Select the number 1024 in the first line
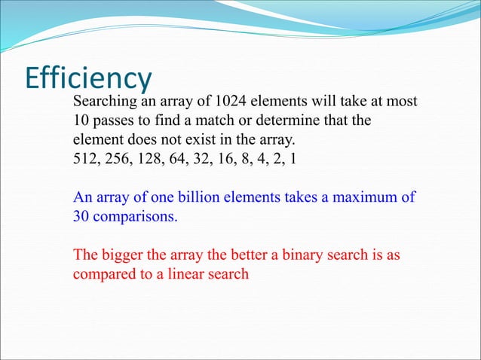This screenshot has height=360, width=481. pyautogui.click(x=231, y=102)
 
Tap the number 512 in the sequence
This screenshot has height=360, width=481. pyautogui.click(x=85, y=159)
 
